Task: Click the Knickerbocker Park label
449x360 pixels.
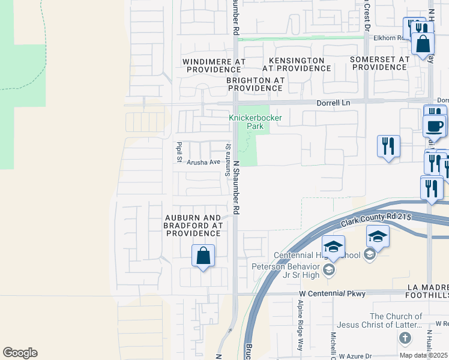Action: click(255, 122)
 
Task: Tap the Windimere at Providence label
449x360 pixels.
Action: click(206, 65)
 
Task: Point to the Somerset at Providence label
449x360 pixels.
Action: click(381, 64)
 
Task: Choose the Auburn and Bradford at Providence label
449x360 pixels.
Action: click(193, 226)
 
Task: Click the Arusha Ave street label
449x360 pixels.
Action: click(203, 162)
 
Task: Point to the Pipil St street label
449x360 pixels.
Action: click(179, 152)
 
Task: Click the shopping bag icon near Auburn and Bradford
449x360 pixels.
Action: click(203, 256)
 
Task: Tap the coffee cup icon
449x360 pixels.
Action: click(435, 126)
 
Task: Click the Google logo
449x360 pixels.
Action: click(20, 353)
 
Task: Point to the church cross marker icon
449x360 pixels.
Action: click(405, 339)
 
